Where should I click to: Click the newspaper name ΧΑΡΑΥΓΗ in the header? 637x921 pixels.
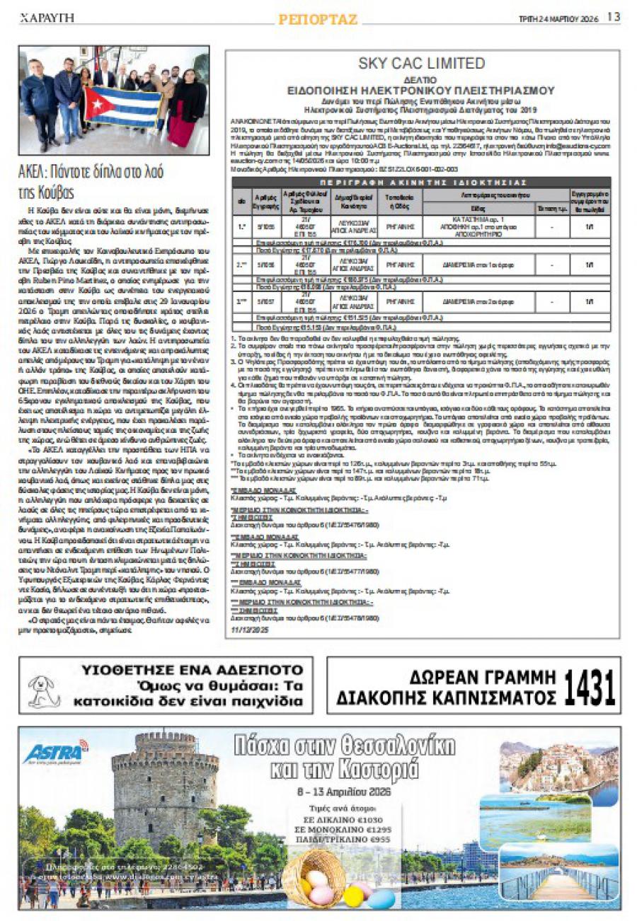(47, 17)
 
